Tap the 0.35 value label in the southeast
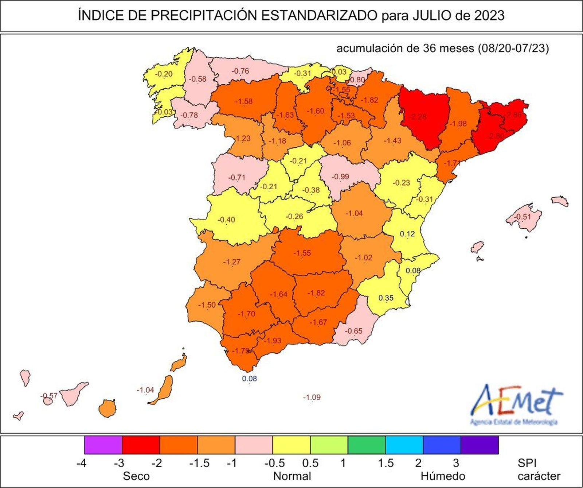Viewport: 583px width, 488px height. click(386, 298)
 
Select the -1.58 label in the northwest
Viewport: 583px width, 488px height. click(244, 101)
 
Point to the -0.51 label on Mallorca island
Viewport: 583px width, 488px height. click(523, 217)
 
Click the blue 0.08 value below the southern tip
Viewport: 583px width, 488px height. click(250, 379)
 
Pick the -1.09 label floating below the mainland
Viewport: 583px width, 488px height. click(312, 397)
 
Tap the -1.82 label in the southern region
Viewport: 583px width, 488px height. click(316, 293)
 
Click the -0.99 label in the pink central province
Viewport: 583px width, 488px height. click(340, 177)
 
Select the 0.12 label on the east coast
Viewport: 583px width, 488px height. click(407, 234)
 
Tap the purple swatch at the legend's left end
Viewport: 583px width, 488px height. click(103, 445)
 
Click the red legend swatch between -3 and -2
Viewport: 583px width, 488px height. click(141, 445)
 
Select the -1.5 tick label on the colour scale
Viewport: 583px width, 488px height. click(199, 463)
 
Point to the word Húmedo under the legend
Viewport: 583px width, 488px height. click(443, 476)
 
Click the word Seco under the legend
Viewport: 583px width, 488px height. click(136, 476)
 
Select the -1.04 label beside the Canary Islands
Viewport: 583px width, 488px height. click(145, 390)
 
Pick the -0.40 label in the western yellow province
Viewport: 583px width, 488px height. click(226, 220)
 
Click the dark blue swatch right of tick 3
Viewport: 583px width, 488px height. click(480, 445)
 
